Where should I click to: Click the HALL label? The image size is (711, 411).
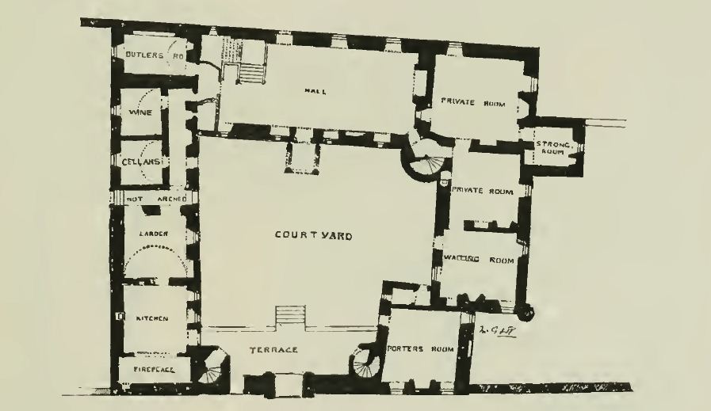pos(315,91)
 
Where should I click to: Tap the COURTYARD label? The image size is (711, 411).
pos(313,235)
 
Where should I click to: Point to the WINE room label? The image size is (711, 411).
pos(134,113)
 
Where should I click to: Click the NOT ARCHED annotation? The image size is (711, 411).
pos(155,199)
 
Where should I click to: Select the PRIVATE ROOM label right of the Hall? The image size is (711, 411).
pos(473,101)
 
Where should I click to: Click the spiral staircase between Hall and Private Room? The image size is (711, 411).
pos(426,158)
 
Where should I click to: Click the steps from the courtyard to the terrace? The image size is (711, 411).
pos(290,316)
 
